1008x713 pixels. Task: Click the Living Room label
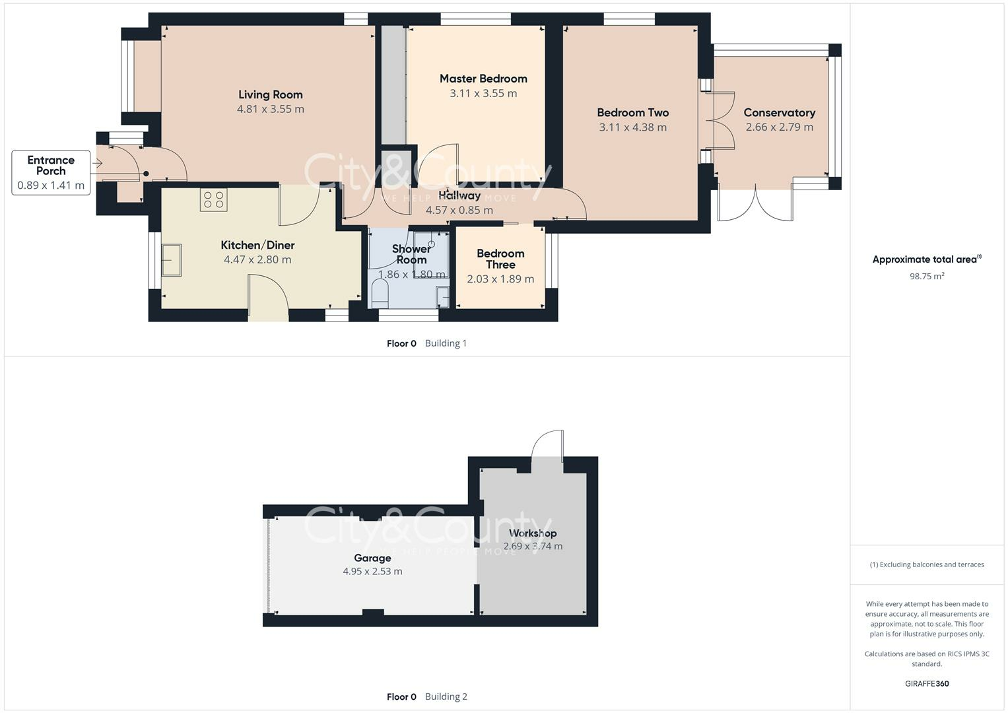pyautogui.click(x=271, y=94)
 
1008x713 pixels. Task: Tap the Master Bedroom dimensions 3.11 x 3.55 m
pyautogui.click(x=483, y=93)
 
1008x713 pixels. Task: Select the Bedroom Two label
pyautogui.click(x=632, y=112)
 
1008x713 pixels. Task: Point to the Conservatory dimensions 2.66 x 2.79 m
pyautogui.click(x=780, y=127)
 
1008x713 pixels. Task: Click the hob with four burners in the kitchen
pyautogui.click(x=214, y=200)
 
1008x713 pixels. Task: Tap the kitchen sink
pyautogui.click(x=172, y=259)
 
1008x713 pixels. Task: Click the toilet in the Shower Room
pyautogui.click(x=380, y=293)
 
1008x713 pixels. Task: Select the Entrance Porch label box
pyautogui.click(x=51, y=172)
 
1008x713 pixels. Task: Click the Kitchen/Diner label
pyautogui.click(x=257, y=245)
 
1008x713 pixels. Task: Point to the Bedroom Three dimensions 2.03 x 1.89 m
pyautogui.click(x=500, y=279)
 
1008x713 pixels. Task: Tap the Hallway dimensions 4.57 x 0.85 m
pyautogui.click(x=459, y=210)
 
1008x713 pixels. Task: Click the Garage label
pyautogui.click(x=372, y=558)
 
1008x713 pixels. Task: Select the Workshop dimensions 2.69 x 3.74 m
pyautogui.click(x=533, y=546)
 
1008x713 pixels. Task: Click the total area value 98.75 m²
pyautogui.click(x=927, y=276)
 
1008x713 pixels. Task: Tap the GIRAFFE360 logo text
pyautogui.click(x=927, y=683)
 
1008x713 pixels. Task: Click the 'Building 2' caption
pyautogui.click(x=446, y=696)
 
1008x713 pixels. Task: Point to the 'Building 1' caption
pyautogui.click(x=446, y=343)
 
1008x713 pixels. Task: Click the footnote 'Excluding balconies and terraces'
pyautogui.click(x=931, y=564)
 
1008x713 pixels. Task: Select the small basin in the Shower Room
pyautogui.click(x=443, y=297)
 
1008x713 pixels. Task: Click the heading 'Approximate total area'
pyautogui.click(x=925, y=259)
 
